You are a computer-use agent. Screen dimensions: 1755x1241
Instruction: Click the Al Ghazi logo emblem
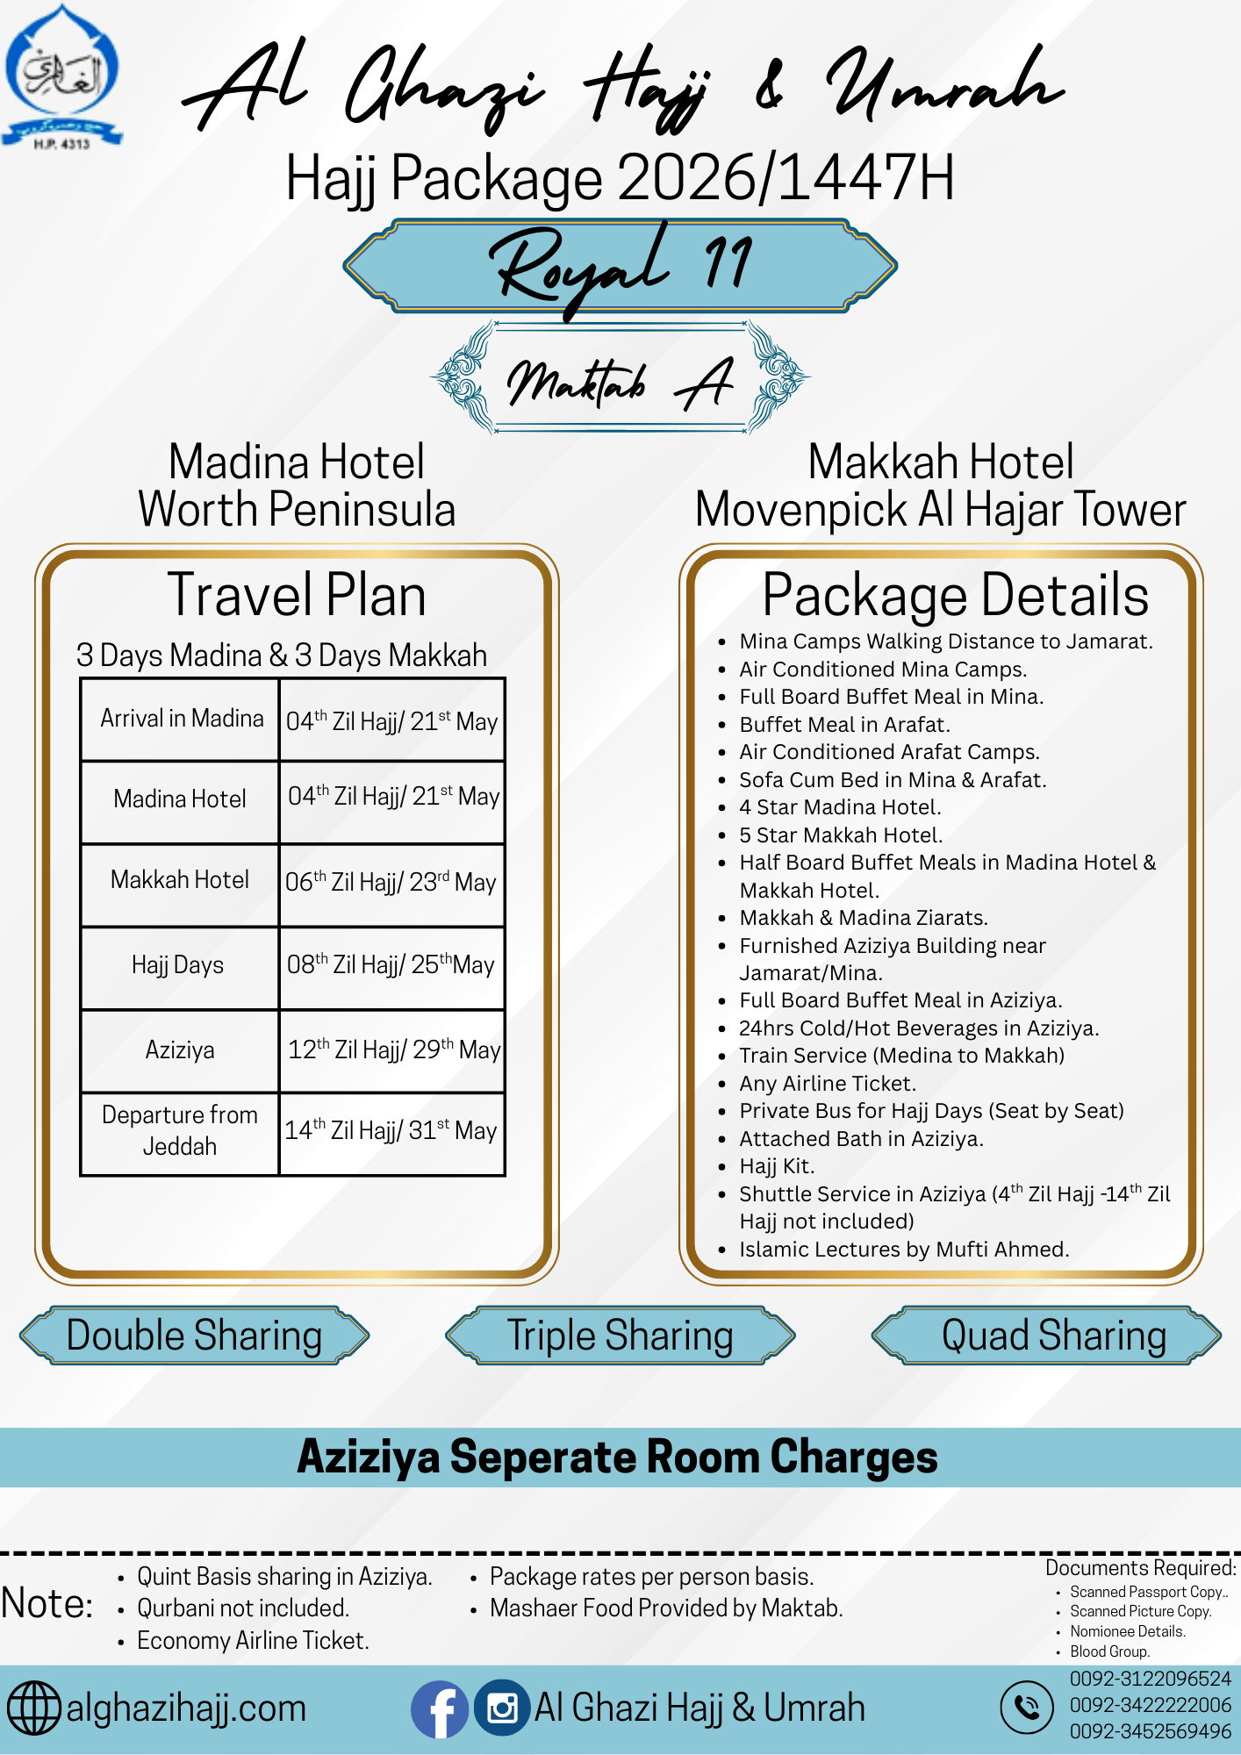click(x=61, y=75)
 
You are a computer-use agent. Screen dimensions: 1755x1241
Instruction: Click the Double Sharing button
click(x=194, y=1336)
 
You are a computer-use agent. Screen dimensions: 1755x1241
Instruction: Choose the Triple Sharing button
click(x=620, y=1336)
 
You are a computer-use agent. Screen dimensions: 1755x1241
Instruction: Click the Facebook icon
click(x=439, y=1708)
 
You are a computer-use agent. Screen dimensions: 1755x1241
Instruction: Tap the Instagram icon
click(x=502, y=1708)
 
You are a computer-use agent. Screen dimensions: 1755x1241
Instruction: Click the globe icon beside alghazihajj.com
click(x=33, y=1708)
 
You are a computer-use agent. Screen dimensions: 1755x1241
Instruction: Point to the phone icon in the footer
click(x=1026, y=1708)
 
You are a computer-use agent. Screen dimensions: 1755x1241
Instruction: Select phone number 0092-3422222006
click(x=1150, y=1705)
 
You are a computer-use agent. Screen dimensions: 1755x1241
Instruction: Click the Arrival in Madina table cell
click(x=181, y=719)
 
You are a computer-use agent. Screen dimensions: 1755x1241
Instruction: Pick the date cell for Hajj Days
click(x=391, y=965)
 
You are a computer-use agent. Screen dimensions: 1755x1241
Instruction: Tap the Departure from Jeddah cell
click(x=180, y=1130)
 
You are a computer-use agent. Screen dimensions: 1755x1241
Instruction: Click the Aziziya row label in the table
click(x=180, y=1049)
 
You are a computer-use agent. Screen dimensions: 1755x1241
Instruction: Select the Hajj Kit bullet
click(x=777, y=1166)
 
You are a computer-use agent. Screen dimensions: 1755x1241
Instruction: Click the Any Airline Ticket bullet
click(x=828, y=1084)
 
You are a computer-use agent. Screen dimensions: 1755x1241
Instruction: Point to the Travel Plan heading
click(x=297, y=595)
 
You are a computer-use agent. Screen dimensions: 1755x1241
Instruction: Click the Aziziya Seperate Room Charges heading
click(x=618, y=1458)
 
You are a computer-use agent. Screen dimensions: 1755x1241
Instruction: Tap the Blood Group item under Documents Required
click(x=1109, y=1651)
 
